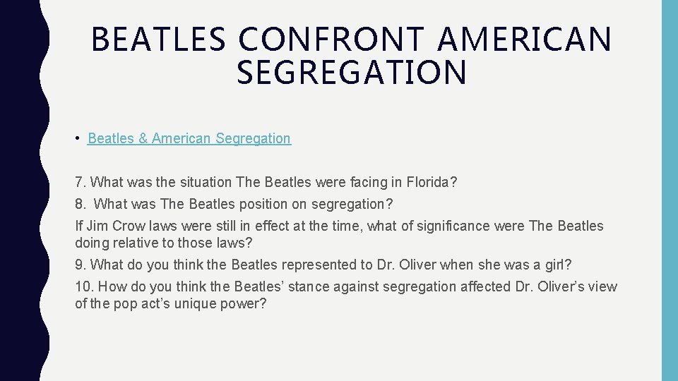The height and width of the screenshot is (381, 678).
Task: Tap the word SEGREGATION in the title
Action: point(352,73)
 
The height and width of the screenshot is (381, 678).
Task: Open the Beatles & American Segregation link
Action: point(189,138)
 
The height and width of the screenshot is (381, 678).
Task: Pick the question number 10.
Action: point(83,286)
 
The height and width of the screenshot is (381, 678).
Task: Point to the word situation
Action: point(205,182)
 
